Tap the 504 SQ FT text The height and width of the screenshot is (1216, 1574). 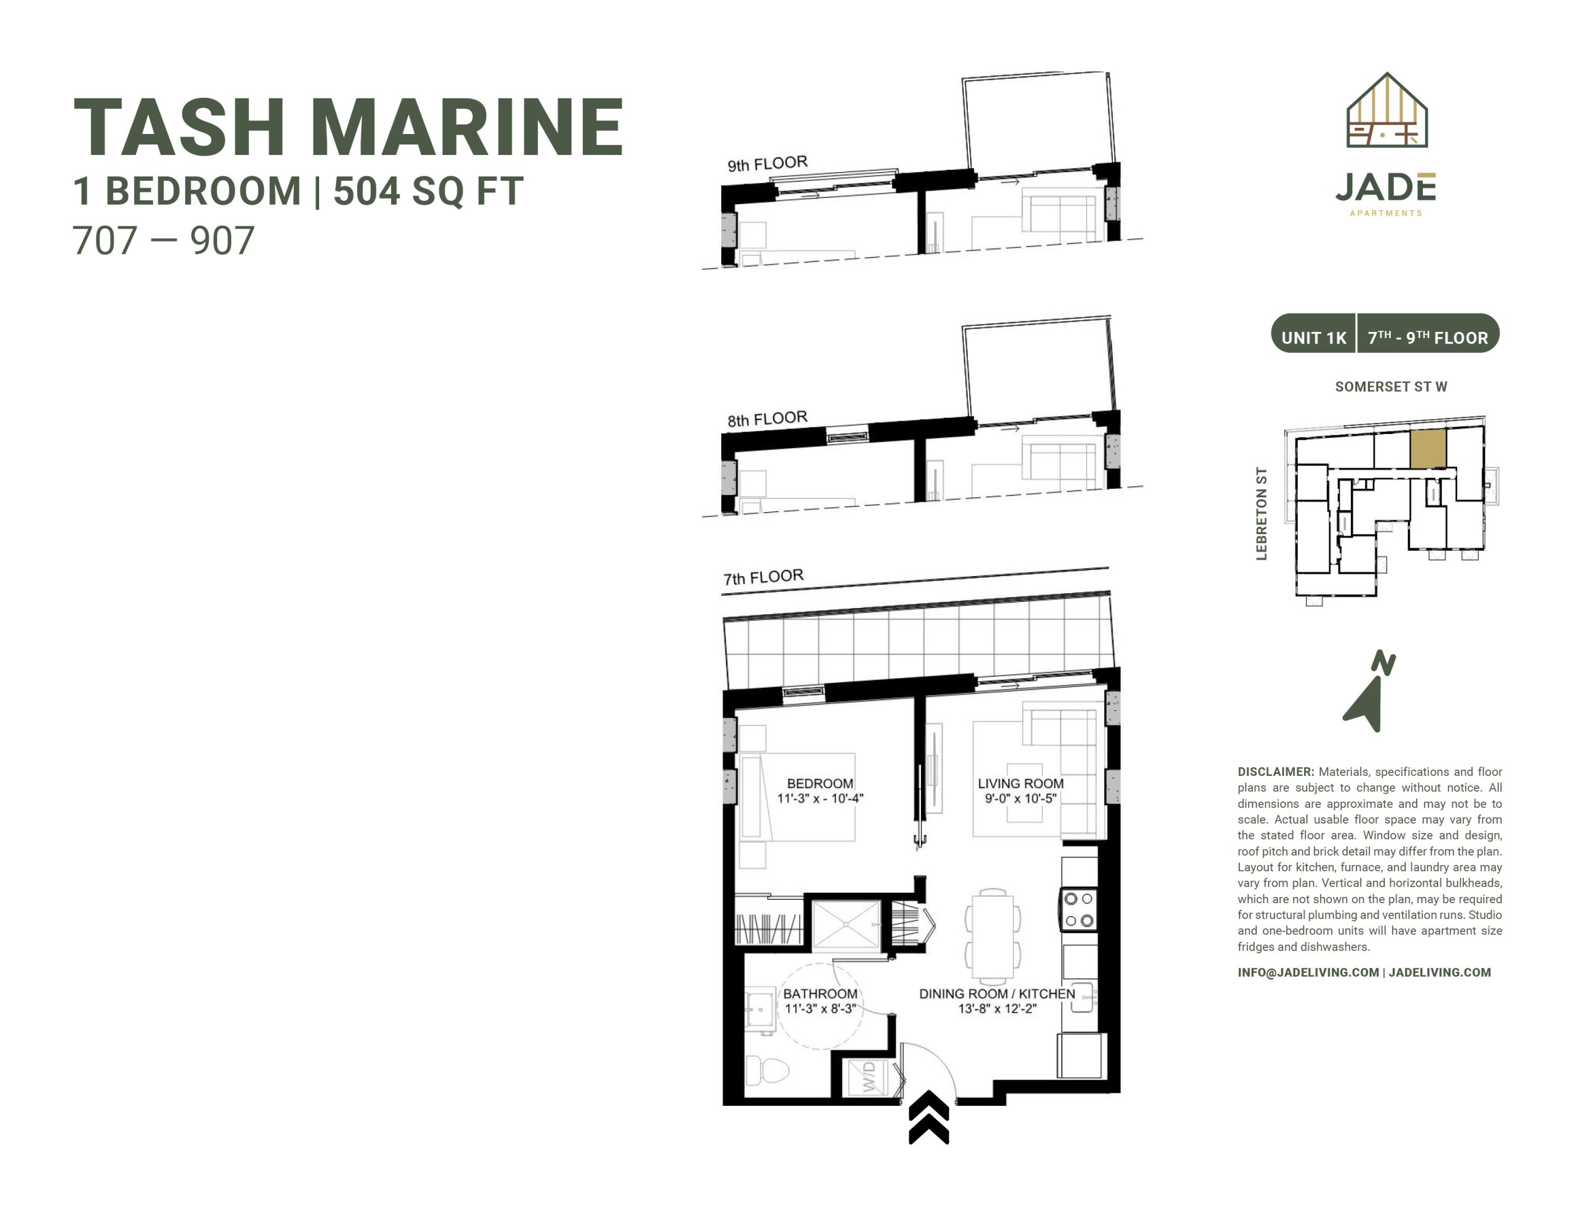[428, 191]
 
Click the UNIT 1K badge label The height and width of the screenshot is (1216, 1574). [1313, 338]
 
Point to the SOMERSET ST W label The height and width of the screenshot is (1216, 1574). [1391, 386]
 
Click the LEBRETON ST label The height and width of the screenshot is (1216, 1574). [1261, 513]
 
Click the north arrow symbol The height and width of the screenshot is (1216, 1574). [1368, 692]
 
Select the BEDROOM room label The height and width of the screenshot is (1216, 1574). [820, 784]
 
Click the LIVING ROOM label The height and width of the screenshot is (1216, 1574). [1021, 784]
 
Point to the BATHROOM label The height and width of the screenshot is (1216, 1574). [820, 993]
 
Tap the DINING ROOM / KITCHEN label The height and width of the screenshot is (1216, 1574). [997, 993]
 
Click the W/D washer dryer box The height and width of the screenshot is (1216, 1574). [868, 1076]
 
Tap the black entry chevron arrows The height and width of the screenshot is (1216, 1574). [929, 1117]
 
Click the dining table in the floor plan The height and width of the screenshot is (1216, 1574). [992, 937]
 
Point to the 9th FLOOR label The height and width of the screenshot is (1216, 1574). [767, 164]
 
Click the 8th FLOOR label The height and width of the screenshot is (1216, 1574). [767, 419]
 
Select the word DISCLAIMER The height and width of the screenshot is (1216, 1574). [1276, 772]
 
